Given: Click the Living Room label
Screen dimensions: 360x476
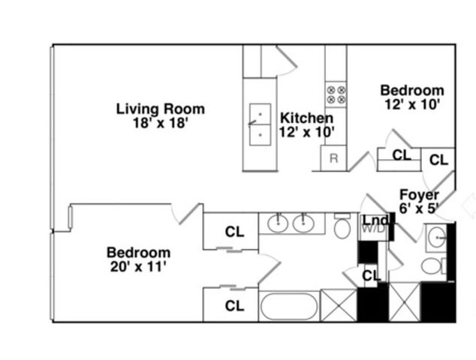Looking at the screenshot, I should coord(160,109).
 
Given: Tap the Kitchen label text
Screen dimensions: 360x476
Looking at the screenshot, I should coord(306,118).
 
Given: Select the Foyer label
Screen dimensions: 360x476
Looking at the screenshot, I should coord(420,195).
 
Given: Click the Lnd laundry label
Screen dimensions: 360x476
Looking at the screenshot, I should coord(375,220).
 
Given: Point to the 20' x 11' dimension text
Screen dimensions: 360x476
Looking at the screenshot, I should coord(138,265).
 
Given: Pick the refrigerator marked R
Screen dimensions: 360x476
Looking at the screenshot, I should coord(333,159).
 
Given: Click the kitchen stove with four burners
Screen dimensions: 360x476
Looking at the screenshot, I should coord(336,94).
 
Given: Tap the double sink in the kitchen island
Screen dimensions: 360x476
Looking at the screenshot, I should coord(260,123).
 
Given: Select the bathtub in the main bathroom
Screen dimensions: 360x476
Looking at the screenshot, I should coord(288,306).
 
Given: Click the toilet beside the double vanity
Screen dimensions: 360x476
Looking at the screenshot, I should coord(342,226).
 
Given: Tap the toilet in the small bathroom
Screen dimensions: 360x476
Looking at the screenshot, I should coord(432,265).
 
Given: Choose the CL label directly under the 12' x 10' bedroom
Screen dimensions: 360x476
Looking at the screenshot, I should coord(402,155).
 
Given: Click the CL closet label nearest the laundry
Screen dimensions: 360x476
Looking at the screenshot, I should coord(371,275).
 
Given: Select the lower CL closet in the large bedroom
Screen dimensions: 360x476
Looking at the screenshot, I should coord(235,305).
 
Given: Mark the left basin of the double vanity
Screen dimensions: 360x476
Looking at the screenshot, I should coord(278,223).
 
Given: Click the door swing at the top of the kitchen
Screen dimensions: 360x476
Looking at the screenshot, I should coord(287,60).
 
